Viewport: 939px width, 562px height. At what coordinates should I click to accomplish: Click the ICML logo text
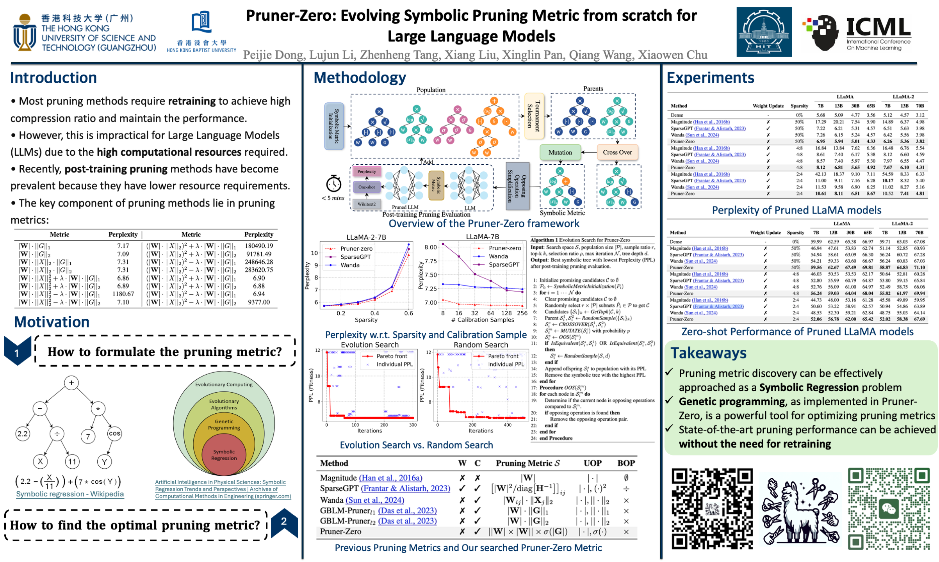pyautogui.click(x=878, y=27)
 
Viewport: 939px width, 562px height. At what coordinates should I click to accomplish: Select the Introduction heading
pyautogui.click(x=53, y=78)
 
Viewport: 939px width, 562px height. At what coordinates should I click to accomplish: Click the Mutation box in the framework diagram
pyautogui.click(x=560, y=152)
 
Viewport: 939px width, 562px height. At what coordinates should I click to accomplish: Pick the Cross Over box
pyautogui.click(x=617, y=152)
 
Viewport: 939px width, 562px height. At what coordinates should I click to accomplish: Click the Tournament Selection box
pyautogui.click(x=534, y=116)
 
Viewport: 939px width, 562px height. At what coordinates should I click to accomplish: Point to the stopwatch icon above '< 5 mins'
pyautogui.click(x=333, y=183)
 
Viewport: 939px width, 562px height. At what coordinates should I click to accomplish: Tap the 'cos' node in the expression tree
pyautogui.click(x=114, y=433)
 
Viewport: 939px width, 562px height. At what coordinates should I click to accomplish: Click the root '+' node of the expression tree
pyautogui.click(x=71, y=383)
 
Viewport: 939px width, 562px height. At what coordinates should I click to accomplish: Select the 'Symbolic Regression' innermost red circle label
pyautogui.click(x=224, y=455)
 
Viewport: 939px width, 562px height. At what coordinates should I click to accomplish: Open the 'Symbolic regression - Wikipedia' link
pyautogui.click(x=70, y=494)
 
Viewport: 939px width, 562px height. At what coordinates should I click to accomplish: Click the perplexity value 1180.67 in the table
pyautogui.click(x=123, y=294)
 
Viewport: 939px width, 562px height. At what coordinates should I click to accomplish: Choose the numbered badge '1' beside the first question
pyautogui.click(x=17, y=352)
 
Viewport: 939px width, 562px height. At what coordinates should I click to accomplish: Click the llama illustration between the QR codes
pyautogui.click(x=800, y=509)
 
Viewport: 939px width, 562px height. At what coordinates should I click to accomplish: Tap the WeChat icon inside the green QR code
pyautogui.click(x=889, y=509)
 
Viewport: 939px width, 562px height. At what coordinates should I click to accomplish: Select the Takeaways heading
pyautogui.click(x=708, y=353)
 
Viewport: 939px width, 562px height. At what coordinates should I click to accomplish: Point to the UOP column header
pyautogui.click(x=592, y=463)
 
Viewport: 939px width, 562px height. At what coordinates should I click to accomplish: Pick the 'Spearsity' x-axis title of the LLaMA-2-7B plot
pyautogui.click(x=366, y=320)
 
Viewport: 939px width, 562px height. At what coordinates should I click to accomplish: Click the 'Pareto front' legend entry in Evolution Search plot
pyautogui.click(x=392, y=356)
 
